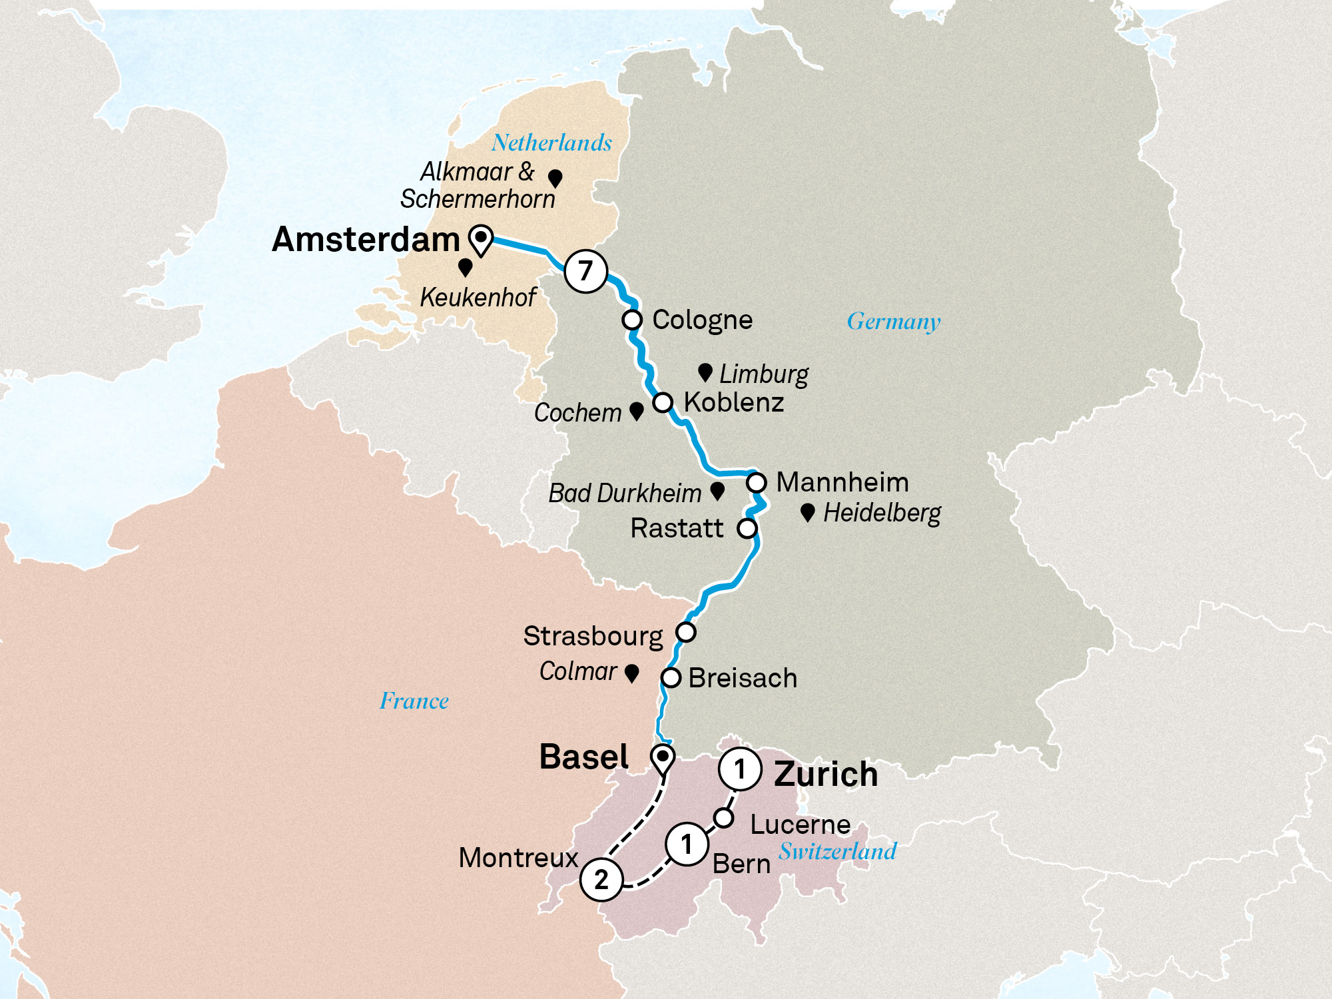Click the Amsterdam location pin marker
(480, 238)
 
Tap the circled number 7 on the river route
(585, 271)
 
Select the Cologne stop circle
(632, 320)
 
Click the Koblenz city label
(734, 402)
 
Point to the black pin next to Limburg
(705, 372)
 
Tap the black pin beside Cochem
(637, 410)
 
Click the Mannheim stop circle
(756, 482)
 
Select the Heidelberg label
(882, 513)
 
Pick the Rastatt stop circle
(747, 528)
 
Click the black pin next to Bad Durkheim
(717, 491)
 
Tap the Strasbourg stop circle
(686, 631)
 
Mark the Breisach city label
(743, 678)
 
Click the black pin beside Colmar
(632, 673)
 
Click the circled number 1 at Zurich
(739, 769)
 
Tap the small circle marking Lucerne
(724, 817)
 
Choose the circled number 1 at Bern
(687, 844)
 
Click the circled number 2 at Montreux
(601, 880)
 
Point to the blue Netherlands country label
(551, 143)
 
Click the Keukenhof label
(478, 298)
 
